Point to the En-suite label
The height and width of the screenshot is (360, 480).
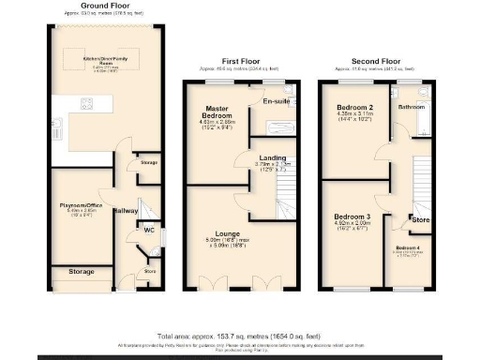click(x=275, y=101)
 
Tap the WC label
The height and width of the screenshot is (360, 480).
click(x=148, y=229)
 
